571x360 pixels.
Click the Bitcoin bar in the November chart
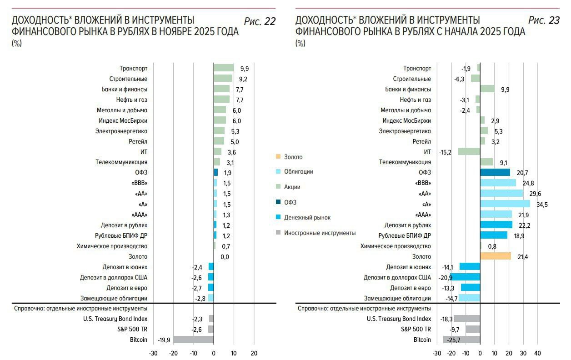[193, 340]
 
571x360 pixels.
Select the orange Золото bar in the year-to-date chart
[496, 256]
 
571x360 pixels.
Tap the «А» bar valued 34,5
[505, 204]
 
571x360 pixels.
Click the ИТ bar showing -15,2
[469, 151]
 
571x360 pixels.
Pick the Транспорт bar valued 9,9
[224, 68]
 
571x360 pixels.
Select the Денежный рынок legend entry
[307, 218]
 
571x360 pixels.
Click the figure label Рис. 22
[260, 21]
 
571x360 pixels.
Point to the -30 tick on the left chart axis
[153, 354]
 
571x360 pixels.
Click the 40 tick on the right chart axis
[537, 354]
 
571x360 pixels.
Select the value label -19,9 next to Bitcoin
[164, 340]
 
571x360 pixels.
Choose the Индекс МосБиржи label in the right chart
[406, 120]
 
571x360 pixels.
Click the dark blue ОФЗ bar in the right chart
[495, 172]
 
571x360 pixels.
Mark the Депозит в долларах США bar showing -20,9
[466, 277]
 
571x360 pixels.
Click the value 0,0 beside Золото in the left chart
[225, 257]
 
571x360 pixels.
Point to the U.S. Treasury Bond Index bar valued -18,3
[467, 319]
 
